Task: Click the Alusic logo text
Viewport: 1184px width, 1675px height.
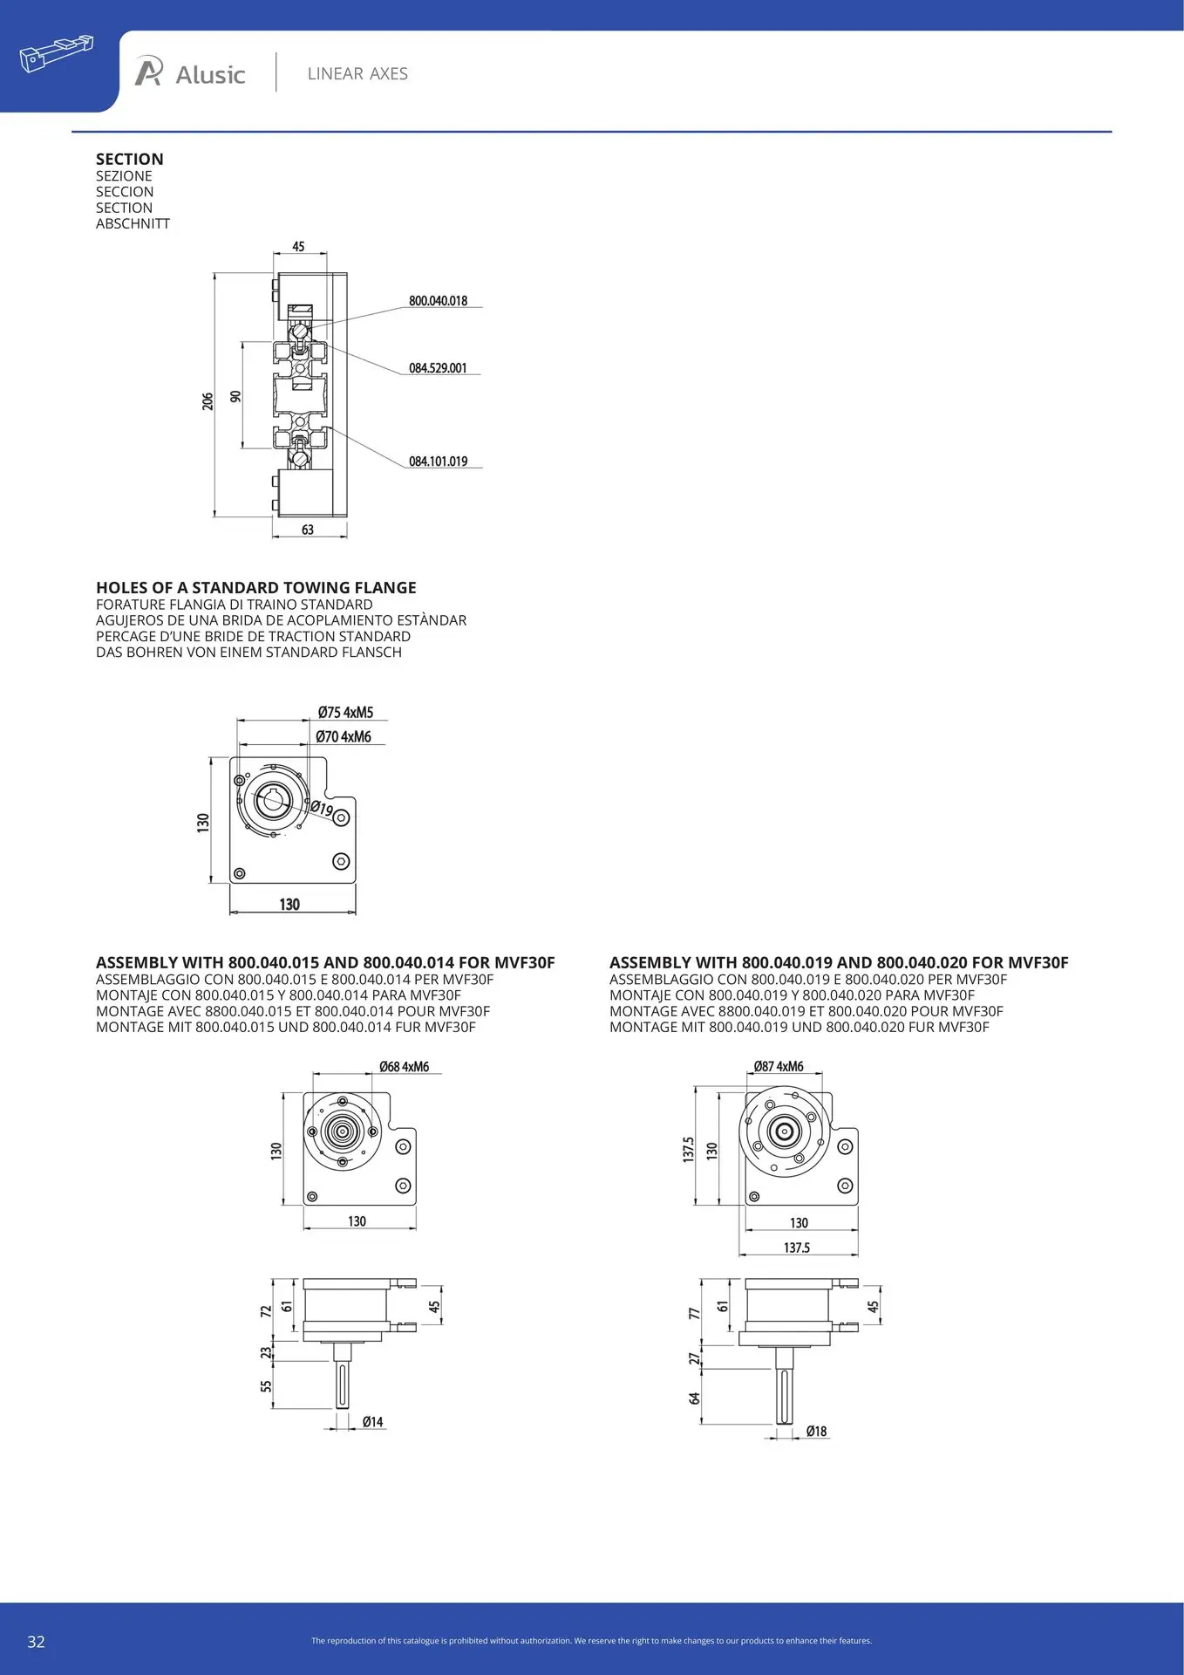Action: tap(209, 75)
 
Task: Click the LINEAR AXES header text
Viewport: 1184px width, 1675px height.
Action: tap(357, 74)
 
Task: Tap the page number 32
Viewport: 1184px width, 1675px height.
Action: tap(36, 1642)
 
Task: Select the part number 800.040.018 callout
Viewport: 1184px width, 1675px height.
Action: tap(438, 301)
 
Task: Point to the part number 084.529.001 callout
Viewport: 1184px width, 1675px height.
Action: tap(438, 368)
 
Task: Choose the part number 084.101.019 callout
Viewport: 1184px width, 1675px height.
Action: tap(438, 461)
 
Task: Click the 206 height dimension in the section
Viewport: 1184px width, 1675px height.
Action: tap(208, 401)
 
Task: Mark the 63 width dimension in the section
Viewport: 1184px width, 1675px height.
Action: tap(308, 530)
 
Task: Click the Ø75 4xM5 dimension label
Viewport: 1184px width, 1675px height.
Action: tap(345, 713)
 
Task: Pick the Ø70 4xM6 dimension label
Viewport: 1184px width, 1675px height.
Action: tap(344, 737)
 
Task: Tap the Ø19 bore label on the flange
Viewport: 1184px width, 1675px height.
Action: tap(322, 809)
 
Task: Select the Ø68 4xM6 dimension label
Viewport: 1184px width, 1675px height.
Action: tap(404, 1067)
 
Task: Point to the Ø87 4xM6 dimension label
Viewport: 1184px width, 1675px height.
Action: tap(779, 1067)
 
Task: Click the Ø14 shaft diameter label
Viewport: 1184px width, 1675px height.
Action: tap(372, 1422)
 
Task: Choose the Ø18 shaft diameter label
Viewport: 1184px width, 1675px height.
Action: tap(816, 1432)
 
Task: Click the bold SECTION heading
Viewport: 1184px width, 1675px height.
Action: tap(130, 159)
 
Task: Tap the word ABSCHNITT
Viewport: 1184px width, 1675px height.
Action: tap(133, 223)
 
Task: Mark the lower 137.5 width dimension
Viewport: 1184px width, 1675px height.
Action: tap(797, 1248)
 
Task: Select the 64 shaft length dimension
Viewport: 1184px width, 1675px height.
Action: tap(695, 1398)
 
